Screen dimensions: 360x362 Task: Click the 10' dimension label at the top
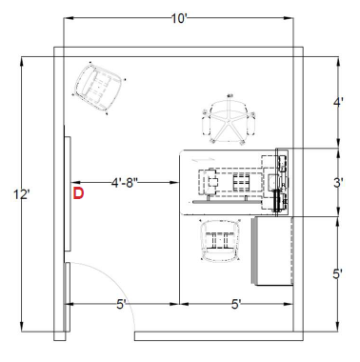point(180,19)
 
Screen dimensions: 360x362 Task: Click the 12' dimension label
point(22,194)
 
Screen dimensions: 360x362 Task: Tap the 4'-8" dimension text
point(125,183)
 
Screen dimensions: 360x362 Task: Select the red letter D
point(78,193)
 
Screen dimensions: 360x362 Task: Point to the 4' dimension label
point(338,103)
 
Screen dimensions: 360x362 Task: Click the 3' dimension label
point(338,183)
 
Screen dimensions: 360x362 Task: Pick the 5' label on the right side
point(337,274)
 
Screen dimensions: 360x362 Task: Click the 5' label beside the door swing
point(121,305)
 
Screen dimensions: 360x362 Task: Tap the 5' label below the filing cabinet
point(235,305)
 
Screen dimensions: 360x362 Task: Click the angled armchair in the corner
point(98,87)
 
